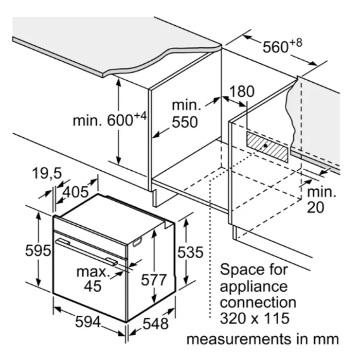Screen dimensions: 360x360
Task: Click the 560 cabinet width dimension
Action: [x=282, y=46]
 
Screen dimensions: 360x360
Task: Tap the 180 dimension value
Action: [x=242, y=91]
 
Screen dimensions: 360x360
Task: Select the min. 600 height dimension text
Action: [x=110, y=119]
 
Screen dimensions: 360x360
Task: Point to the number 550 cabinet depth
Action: [x=185, y=122]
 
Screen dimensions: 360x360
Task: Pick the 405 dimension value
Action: [x=76, y=192]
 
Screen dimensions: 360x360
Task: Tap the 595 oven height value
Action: [x=38, y=250]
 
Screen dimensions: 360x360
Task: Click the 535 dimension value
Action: [x=190, y=253]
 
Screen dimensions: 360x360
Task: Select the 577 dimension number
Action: [x=154, y=279]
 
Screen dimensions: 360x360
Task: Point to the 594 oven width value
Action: [x=88, y=321]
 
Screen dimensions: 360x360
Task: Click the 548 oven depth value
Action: [x=155, y=323]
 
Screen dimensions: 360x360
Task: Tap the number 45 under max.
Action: [x=93, y=286]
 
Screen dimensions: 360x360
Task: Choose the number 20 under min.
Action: [x=315, y=207]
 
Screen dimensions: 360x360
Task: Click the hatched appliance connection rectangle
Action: [x=267, y=146]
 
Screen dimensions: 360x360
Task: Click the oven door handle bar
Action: [x=86, y=252]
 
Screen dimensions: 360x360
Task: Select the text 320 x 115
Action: [x=255, y=318]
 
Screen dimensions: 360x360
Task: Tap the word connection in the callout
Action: [x=258, y=302]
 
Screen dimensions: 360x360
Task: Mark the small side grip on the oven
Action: [x=137, y=242]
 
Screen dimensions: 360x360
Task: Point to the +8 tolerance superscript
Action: [x=296, y=43]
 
